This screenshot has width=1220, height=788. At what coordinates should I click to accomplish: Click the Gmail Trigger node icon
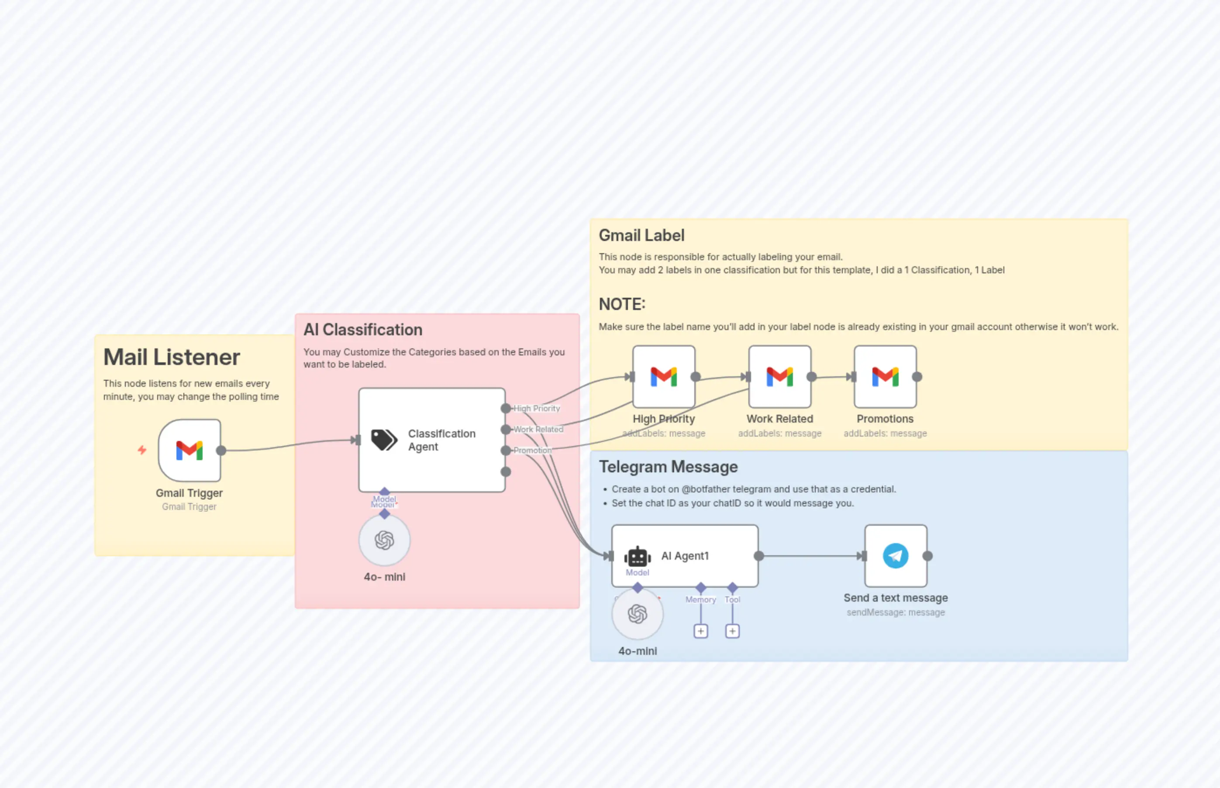190,450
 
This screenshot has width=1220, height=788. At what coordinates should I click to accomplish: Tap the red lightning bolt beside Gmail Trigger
142,450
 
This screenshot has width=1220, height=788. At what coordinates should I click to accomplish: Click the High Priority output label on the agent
537,408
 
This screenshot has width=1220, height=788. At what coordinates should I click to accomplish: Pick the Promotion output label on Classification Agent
533,450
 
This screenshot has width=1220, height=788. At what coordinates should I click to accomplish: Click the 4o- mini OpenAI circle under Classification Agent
384,540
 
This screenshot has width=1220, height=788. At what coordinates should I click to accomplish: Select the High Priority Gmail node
664,377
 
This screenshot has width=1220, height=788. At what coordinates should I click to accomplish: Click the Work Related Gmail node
779,377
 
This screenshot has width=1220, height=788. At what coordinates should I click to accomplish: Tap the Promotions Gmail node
885,377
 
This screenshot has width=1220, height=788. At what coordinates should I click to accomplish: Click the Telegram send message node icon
896,556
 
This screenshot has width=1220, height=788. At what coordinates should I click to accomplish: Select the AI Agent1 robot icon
637,557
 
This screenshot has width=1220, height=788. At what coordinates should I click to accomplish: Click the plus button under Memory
700,631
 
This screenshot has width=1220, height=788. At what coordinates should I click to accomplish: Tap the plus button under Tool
732,631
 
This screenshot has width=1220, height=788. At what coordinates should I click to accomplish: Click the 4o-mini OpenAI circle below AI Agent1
638,614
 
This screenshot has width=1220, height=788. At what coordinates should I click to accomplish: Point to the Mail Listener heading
172,357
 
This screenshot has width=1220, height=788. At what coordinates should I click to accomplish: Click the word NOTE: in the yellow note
622,304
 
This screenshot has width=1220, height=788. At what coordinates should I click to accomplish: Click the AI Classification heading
363,330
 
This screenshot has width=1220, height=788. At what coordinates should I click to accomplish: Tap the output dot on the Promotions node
917,377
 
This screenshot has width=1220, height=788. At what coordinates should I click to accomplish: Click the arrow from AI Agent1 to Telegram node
811,556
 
